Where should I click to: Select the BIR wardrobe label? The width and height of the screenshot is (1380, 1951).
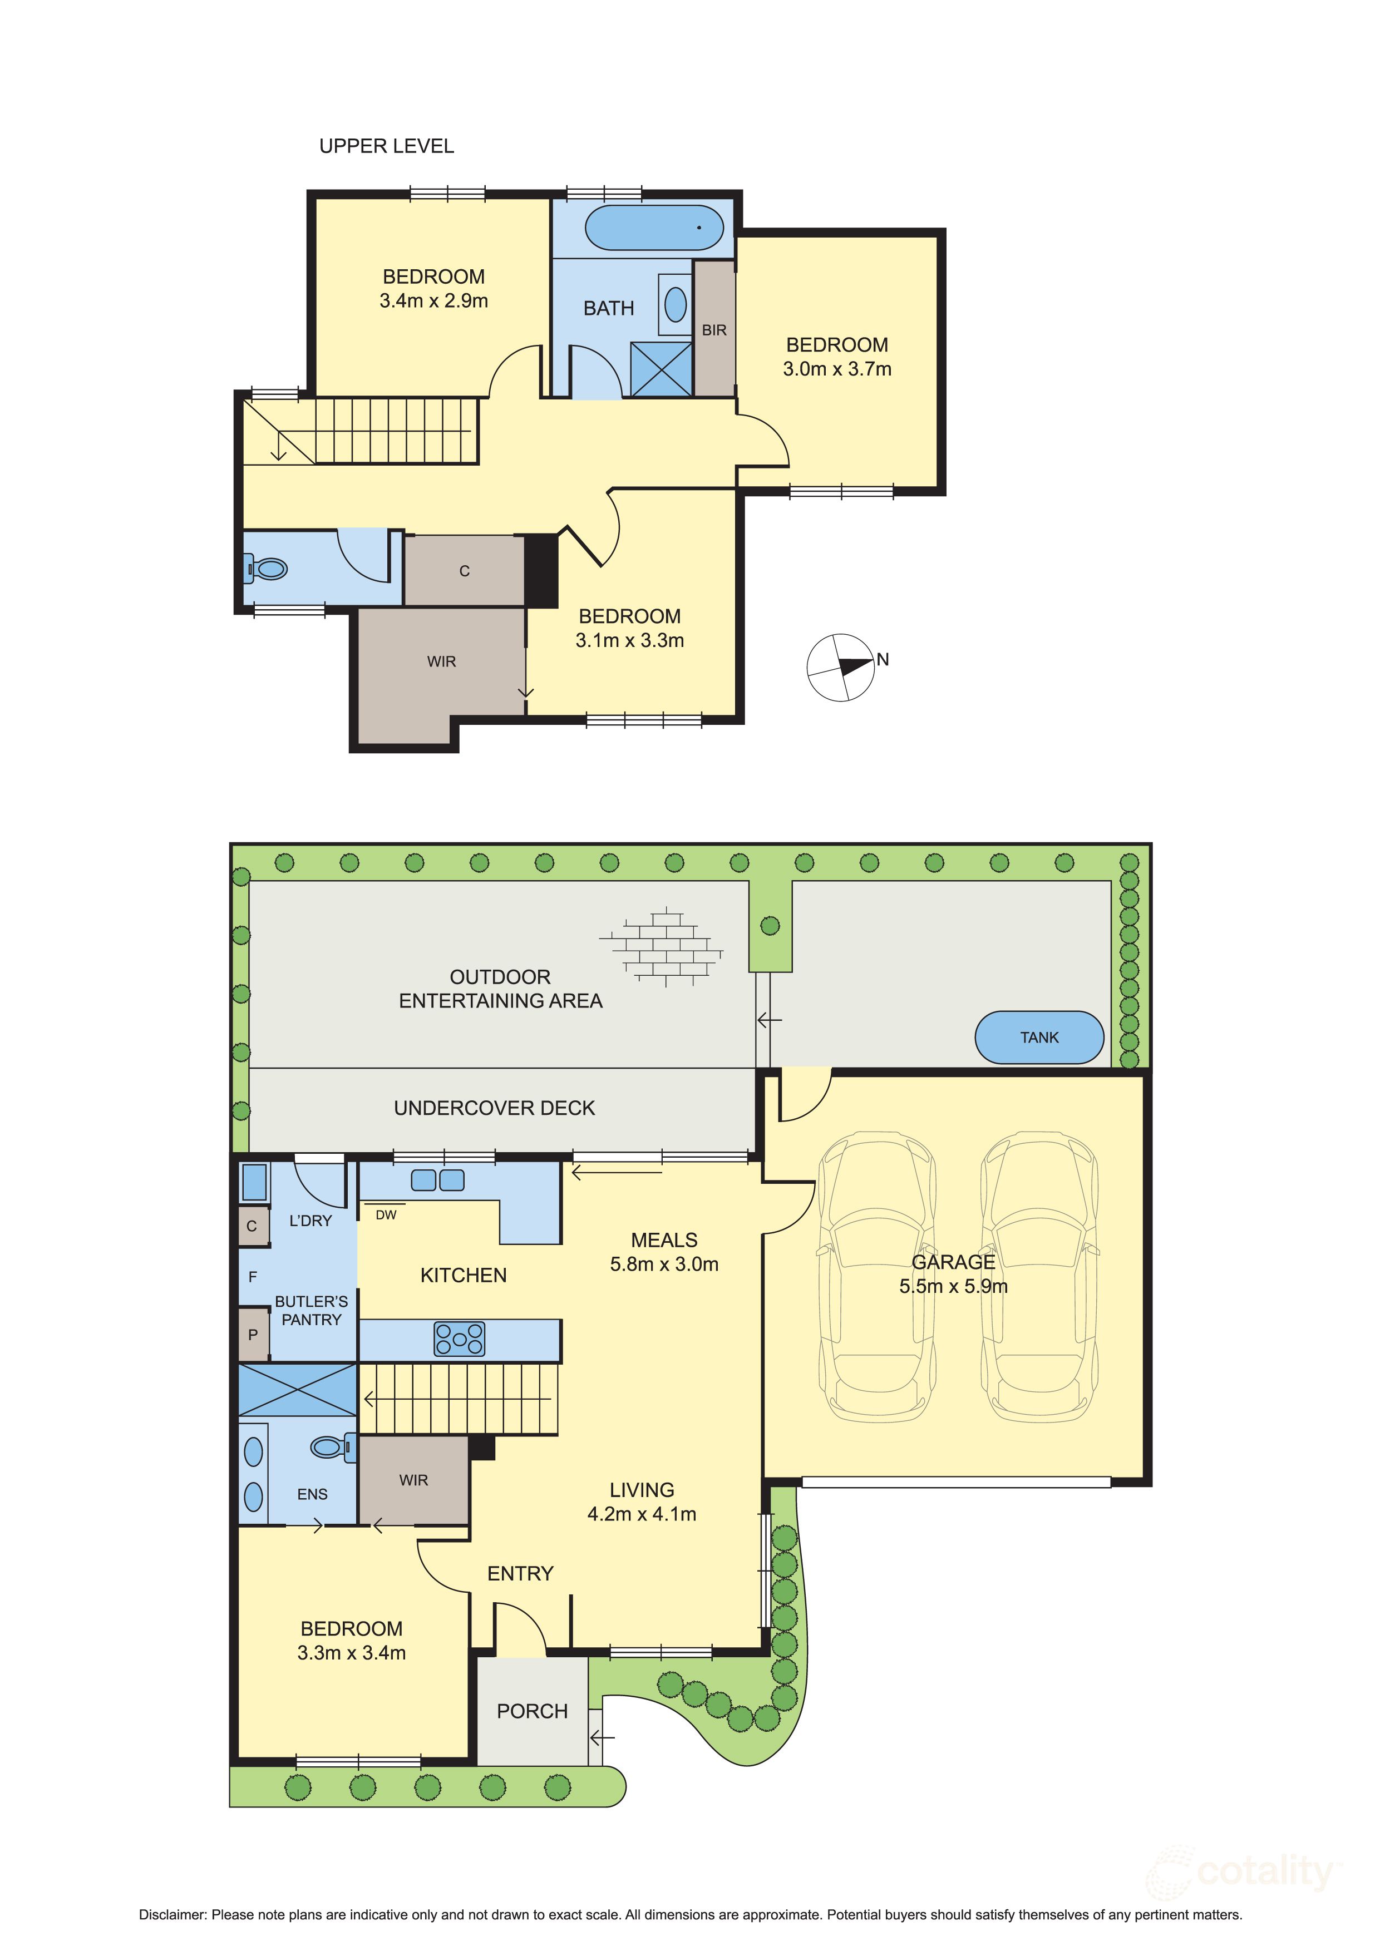click(x=714, y=330)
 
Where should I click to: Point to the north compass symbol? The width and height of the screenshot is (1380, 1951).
click(x=840, y=667)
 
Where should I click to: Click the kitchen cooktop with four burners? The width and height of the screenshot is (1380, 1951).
click(x=459, y=1339)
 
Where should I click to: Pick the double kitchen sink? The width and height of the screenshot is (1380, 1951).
click(x=437, y=1181)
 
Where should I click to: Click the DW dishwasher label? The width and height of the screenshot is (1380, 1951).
click(x=386, y=1215)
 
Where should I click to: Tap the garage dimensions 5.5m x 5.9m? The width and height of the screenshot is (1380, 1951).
click(x=953, y=1287)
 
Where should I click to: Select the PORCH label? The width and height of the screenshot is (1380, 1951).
click(x=532, y=1711)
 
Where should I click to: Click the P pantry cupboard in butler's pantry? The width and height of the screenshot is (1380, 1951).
click(x=253, y=1335)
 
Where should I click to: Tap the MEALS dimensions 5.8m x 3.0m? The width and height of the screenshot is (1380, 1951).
click(x=664, y=1265)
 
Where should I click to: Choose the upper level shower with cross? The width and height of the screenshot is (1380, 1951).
click(x=661, y=369)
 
